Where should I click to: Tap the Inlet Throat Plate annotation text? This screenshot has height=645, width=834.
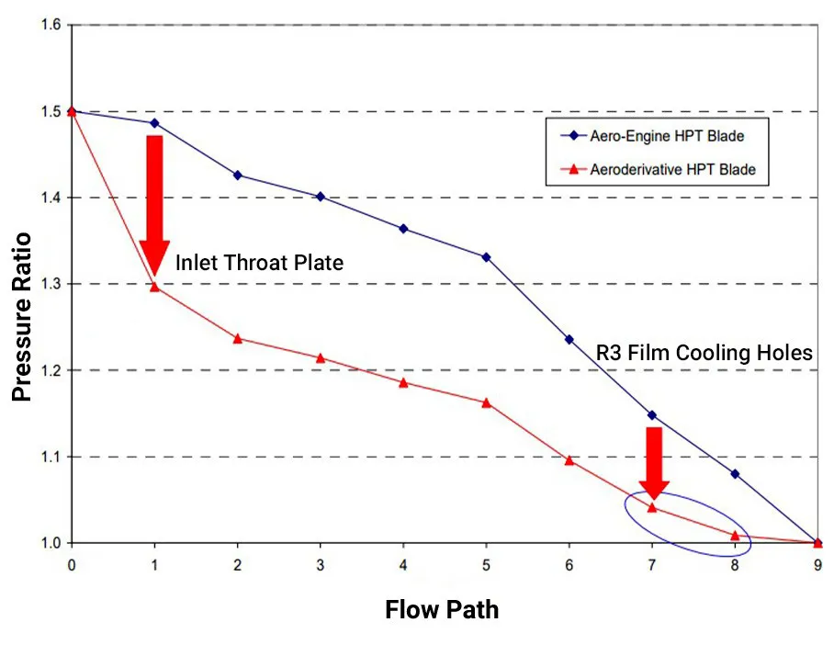click(259, 264)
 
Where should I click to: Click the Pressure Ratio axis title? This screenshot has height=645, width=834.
click(22, 316)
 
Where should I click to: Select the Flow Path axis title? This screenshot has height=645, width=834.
click(442, 609)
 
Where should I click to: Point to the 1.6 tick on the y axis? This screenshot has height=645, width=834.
click(51, 25)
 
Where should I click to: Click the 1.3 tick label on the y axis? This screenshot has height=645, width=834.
click(51, 284)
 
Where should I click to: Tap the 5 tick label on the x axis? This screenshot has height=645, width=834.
click(486, 564)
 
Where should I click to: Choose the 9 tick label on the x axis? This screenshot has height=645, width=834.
click(817, 564)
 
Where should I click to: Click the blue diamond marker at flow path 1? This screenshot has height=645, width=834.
click(154, 123)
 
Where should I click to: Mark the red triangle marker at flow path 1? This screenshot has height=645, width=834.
click(154, 287)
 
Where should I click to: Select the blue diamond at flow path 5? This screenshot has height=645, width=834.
click(486, 257)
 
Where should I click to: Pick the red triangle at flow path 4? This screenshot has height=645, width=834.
click(403, 382)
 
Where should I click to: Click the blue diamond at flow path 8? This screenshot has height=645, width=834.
click(735, 474)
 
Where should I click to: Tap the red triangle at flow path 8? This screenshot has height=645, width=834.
click(735, 535)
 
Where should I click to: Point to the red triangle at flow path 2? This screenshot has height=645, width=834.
click(238, 338)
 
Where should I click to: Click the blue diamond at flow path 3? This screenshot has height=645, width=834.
click(321, 197)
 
